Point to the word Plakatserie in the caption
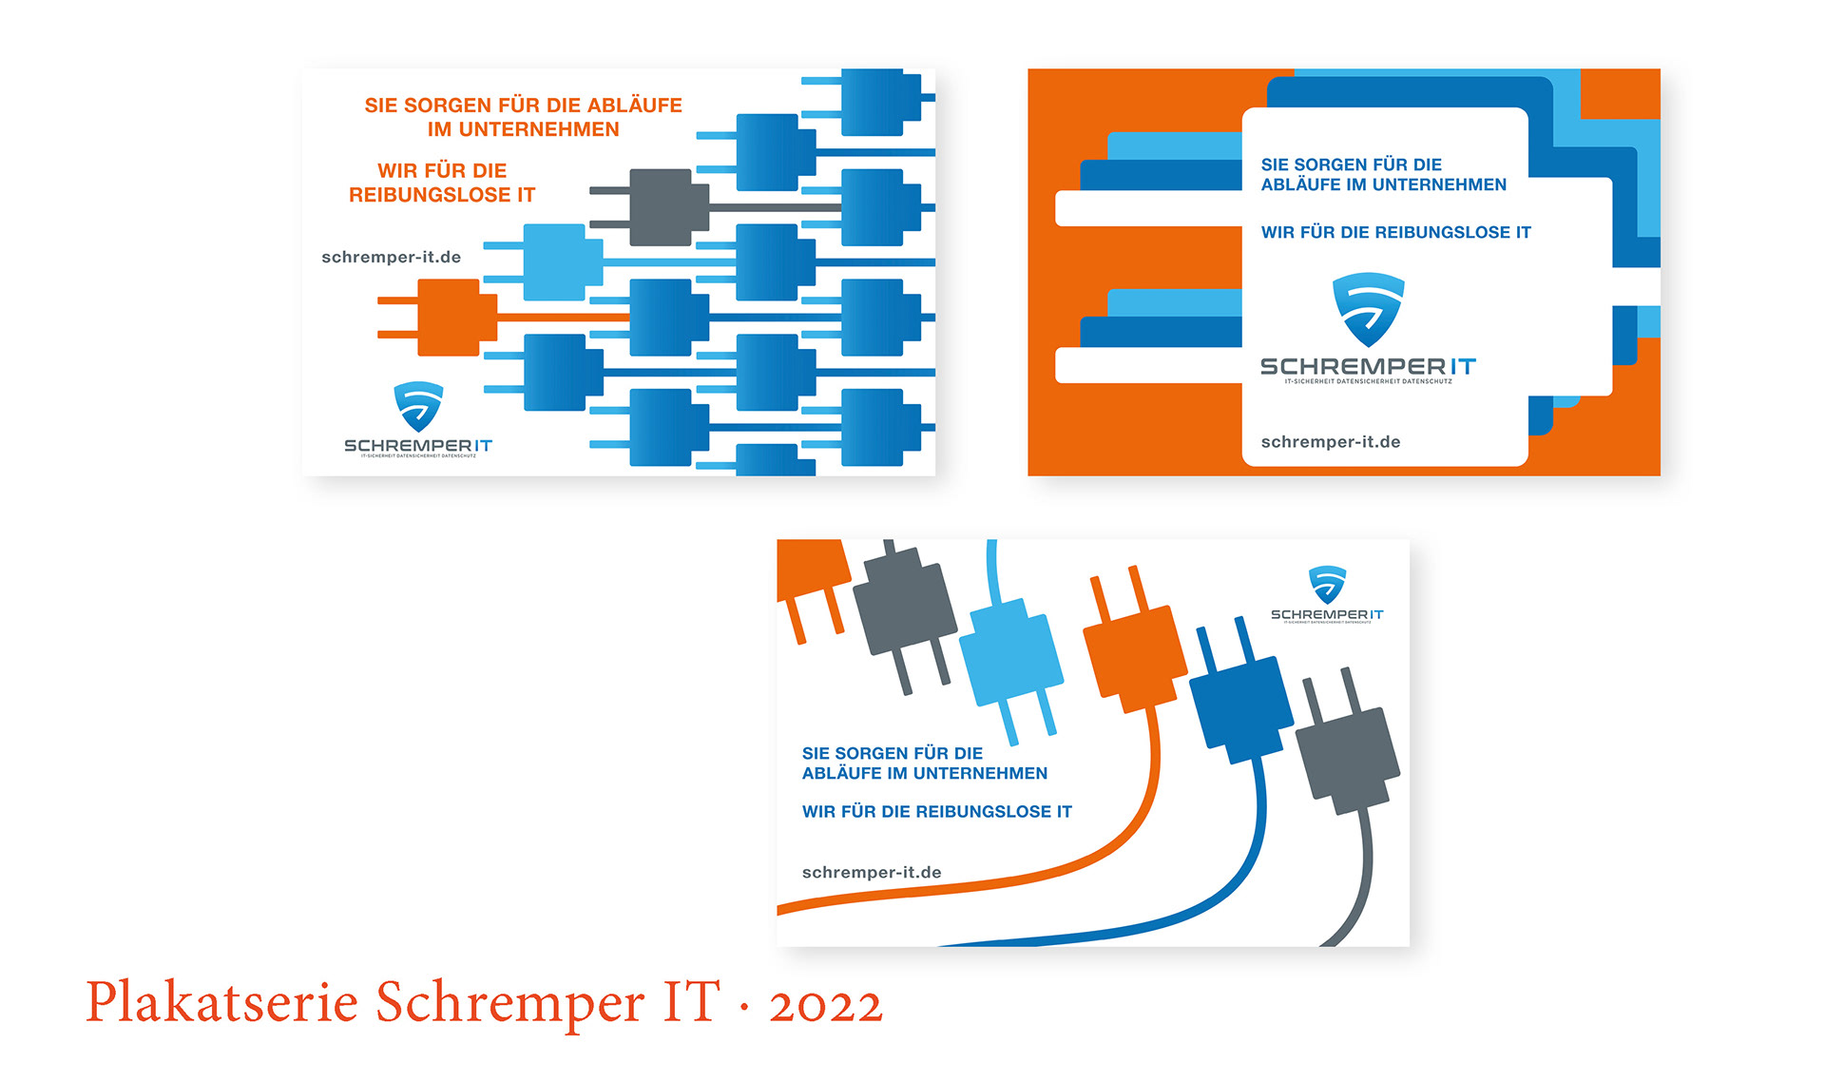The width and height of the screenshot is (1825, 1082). pyautogui.click(x=221, y=1003)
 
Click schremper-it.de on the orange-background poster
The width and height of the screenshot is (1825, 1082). pyautogui.click(x=1330, y=442)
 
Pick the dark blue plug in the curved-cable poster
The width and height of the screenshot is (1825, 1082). pyautogui.click(x=1240, y=708)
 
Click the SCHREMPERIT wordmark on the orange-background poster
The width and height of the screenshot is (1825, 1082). pyautogui.click(x=1367, y=367)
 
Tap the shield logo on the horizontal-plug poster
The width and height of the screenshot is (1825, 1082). pyautogui.click(x=418, y=406)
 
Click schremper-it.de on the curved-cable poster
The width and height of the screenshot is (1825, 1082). pyautogui.click(x=872, y=873)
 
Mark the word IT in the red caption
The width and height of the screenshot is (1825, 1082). pyautogui.click(x=690, y=1003)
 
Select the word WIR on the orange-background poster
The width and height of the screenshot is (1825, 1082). pyautogui.click(x=1277, y=233)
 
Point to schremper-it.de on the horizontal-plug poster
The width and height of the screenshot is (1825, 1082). pyautogui.click(x=391, y=258)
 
